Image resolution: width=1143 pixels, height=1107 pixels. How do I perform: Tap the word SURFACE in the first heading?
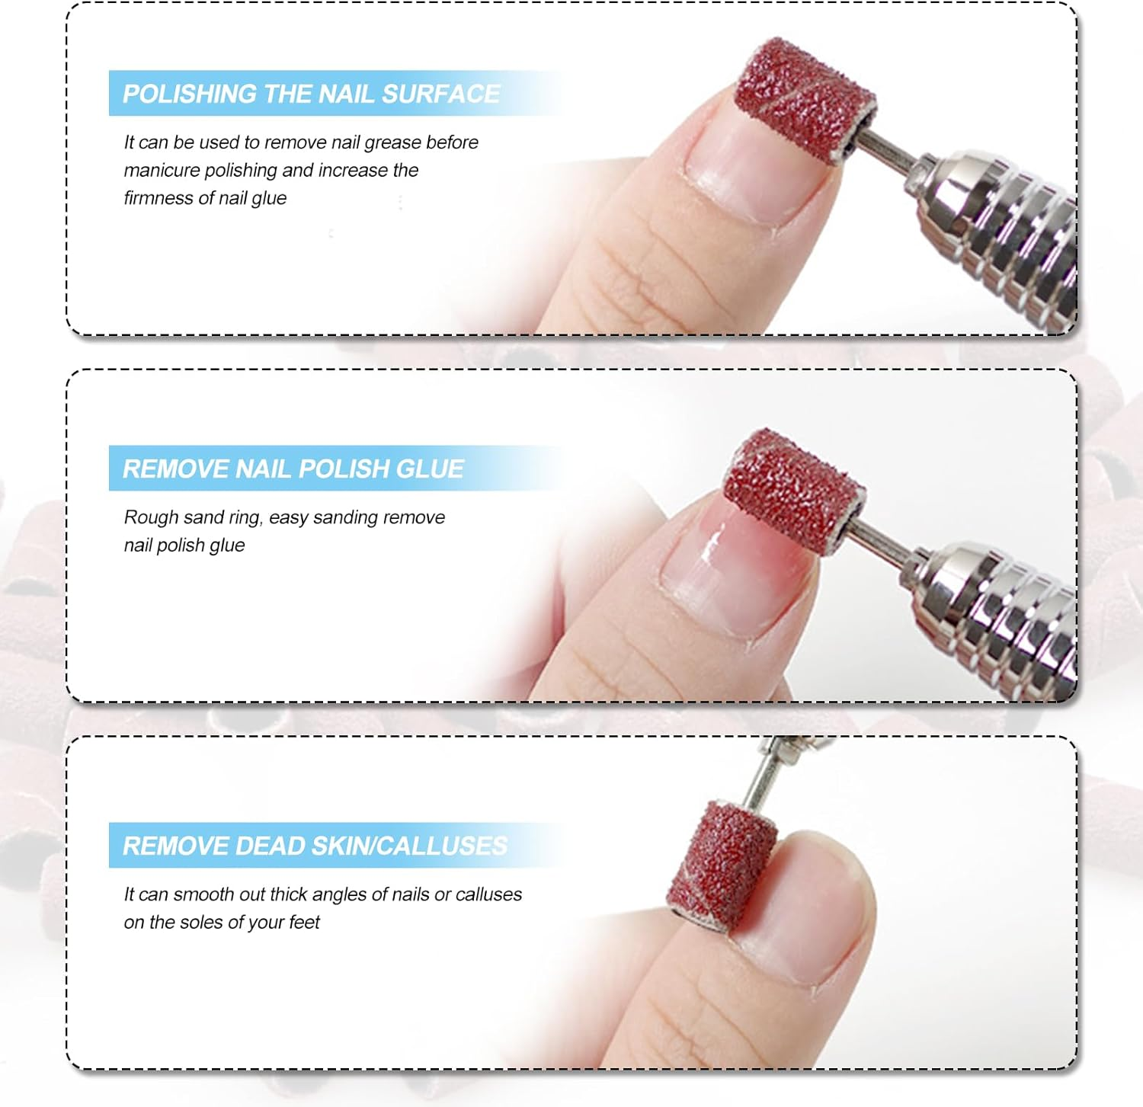pos(440,94)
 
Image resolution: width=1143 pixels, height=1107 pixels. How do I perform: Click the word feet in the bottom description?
pos(304,922)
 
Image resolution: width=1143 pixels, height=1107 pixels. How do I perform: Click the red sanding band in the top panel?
pos(805,98)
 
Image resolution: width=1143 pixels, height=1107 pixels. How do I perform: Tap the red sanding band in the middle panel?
pos(793,490)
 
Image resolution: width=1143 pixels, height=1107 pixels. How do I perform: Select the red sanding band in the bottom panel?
pos(721,863)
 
